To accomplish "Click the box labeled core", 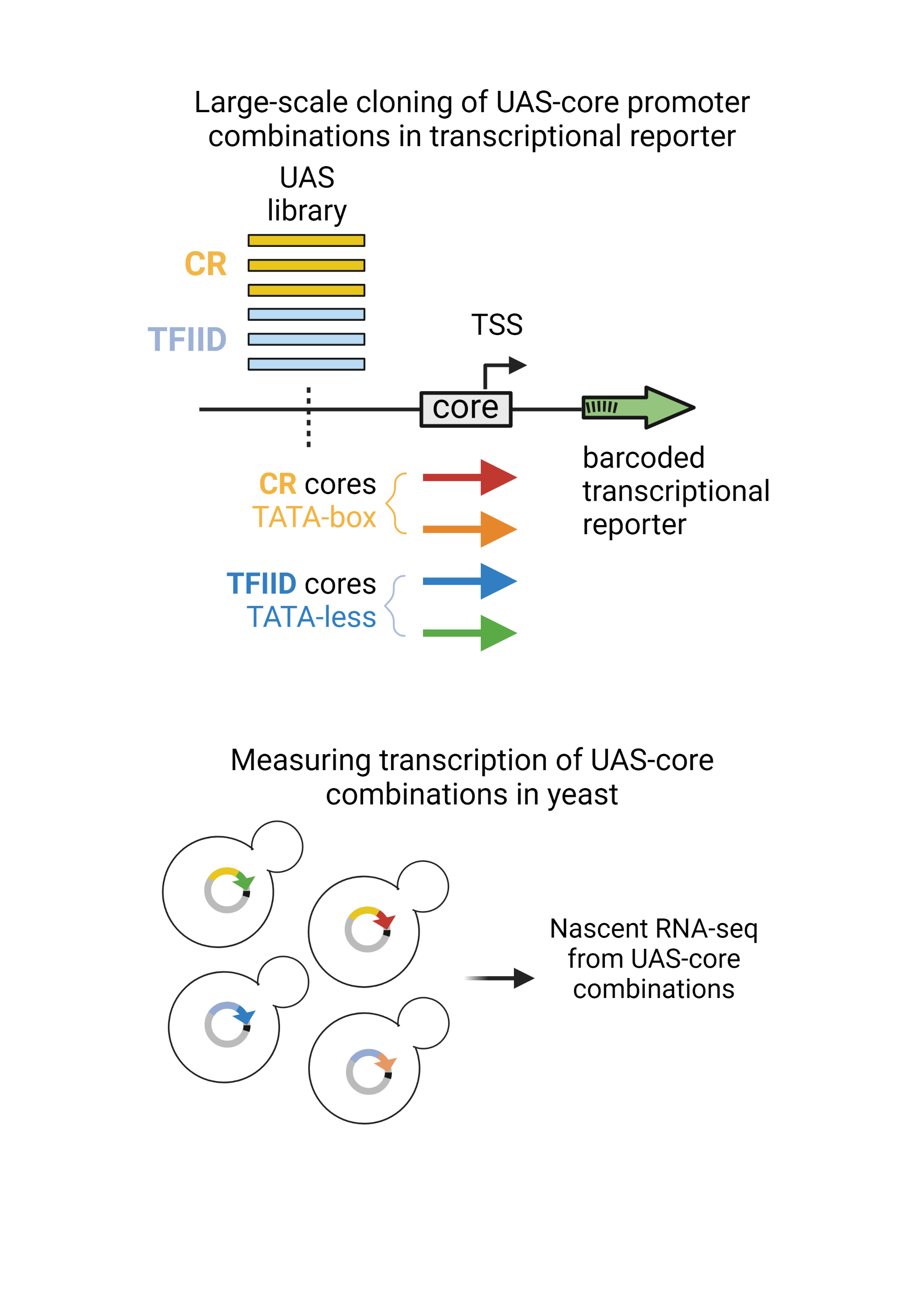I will click(x=465, y=409).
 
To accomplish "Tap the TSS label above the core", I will click(x=496, y=325).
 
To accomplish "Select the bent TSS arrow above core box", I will click(x=503, y=370).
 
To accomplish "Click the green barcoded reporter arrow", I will click(x=637, y=407).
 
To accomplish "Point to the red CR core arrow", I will click(x=469, y=478).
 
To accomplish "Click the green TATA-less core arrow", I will click(x=469, y=633).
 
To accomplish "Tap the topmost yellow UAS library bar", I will click(x=306, y=241).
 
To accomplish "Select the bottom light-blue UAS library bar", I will click(x=306, y=364).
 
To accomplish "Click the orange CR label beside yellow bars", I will click(x=205, y=264).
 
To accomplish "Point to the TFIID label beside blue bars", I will click(x=187, y=339).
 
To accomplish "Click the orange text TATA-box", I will click(x=314, y=517).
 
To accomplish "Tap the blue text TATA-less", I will click(x=311, y=617).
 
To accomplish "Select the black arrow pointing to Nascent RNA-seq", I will click(x=500, y=978).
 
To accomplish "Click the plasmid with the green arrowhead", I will click(x=228, y=889).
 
